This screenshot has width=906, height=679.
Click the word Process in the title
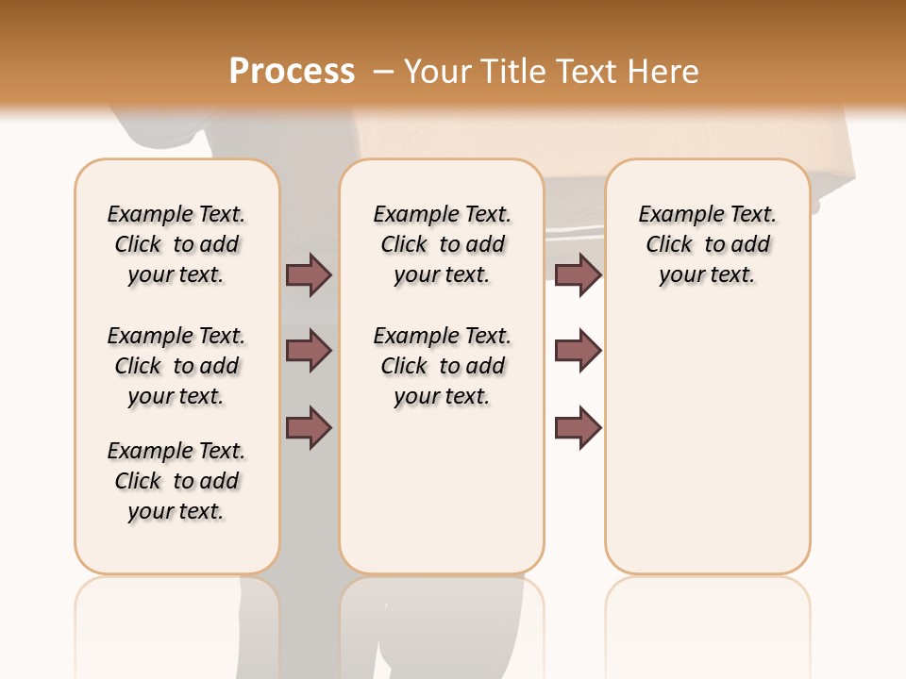[292, 71]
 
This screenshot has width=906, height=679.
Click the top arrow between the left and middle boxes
[309, 274]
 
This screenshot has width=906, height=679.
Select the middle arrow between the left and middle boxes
[309, 351]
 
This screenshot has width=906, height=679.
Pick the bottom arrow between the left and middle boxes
[309, 428]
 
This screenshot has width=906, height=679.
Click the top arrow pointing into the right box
[578, 274]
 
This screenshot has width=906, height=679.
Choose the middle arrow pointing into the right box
[578, 351]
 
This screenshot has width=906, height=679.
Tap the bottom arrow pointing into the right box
[578, 428]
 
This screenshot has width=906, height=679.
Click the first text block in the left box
[176, 244]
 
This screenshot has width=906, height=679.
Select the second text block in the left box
[176, 366]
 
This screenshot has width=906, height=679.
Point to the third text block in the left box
[176, 481]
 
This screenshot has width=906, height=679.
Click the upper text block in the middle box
[442, 244]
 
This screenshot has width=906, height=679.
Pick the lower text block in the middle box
[442, 366]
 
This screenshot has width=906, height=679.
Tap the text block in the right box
[707, 244]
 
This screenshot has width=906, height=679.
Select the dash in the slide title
[382, 72]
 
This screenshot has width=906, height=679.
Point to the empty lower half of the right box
[707, 453]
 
